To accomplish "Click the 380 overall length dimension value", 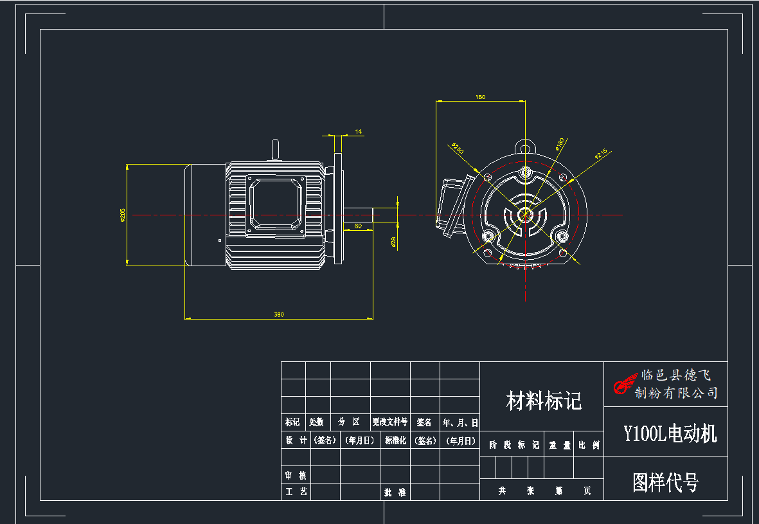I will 278,314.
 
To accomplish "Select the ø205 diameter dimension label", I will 122,215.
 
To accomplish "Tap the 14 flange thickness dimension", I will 359,131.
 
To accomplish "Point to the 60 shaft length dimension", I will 358,226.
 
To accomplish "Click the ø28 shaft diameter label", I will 393,241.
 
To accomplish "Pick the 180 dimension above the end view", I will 480,97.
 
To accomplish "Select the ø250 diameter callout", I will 458,149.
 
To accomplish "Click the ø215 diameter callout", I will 601,154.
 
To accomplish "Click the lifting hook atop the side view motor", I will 275,149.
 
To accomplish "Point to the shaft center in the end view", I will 526,215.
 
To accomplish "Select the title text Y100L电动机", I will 670,433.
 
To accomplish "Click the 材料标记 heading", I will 544,401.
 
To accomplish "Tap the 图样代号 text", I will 665,482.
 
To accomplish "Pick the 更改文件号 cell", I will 389,422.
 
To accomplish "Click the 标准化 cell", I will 395,440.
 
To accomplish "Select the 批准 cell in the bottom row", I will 395,492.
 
